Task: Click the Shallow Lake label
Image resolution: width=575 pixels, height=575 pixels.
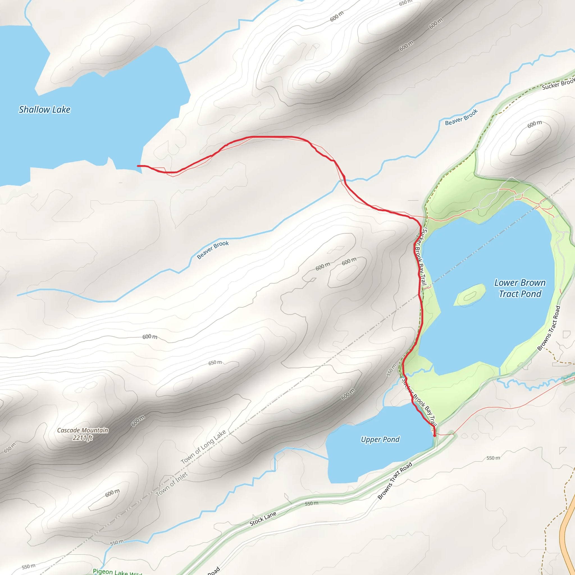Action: click(45, 109)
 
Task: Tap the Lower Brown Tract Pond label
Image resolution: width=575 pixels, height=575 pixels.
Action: click(520, 288)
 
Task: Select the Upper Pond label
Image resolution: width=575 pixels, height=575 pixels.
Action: click(380, 439)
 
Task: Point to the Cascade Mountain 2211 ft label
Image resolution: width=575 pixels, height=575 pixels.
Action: click(83, 434)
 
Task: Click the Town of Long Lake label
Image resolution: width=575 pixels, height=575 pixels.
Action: click(203, 447)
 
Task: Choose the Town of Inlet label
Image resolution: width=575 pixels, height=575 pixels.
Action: click(172, 484)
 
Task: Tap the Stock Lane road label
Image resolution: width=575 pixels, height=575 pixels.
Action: click(263, 519)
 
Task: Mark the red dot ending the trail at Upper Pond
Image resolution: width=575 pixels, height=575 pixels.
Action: click(435, 435)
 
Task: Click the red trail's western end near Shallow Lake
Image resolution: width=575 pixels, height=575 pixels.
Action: click(138, 166)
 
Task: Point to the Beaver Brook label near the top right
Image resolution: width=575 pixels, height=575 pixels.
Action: click(461, 117)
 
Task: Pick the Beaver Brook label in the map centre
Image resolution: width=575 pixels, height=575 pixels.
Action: click(213, 250)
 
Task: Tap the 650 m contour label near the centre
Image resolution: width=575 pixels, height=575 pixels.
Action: click(215, 363)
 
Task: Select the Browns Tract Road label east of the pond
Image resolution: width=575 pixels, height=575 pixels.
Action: click(549, 328)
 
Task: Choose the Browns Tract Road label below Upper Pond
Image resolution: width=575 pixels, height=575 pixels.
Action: click(395, 480)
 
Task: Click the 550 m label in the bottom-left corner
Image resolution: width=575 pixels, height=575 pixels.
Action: click(29, 566)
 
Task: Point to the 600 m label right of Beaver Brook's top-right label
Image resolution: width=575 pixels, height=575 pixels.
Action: click(535, 124)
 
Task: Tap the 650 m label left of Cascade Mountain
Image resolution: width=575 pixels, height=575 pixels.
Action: click(10, 448)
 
